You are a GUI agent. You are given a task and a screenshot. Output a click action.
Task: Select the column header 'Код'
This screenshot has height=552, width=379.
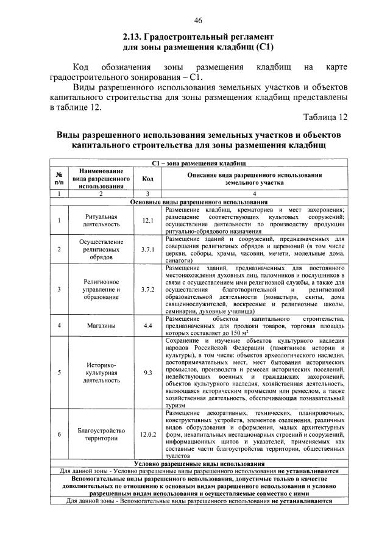coord(147,179)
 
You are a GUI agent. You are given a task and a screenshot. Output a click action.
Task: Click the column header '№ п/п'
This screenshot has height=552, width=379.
coord(58,179)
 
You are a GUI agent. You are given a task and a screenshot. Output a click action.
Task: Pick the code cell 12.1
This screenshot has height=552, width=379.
coord(147,221)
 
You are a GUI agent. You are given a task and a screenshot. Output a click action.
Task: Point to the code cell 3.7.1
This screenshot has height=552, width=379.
coord(147,249)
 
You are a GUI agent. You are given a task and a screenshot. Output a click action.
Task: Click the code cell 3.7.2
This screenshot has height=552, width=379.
coord(147,289)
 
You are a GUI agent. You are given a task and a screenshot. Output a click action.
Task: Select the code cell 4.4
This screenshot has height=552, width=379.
coord(147,326)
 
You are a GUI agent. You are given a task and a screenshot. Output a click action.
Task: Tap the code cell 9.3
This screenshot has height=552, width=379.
coord(147,372)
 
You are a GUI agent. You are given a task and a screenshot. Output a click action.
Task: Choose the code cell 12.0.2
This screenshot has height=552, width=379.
coord(147,434)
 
